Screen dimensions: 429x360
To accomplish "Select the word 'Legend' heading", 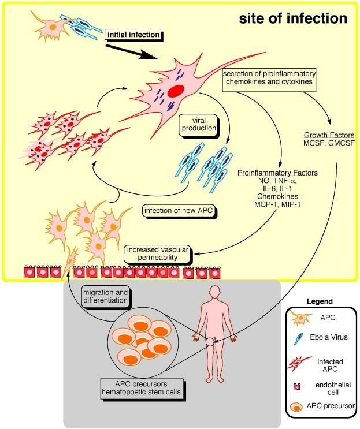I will pyautogui.click(x=321, y=301).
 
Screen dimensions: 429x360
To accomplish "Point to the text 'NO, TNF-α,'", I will pyautogui.click(x=273, y=181).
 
